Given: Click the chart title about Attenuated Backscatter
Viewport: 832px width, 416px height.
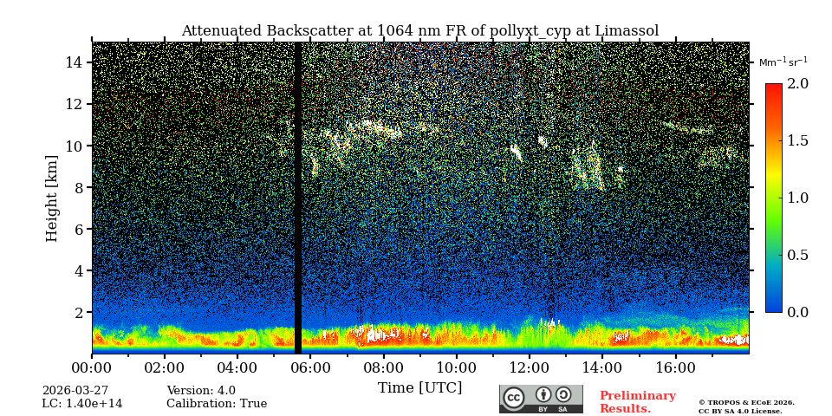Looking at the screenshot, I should tap(419, 31).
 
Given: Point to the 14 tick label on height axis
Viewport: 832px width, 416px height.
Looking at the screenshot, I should tap(73, 62).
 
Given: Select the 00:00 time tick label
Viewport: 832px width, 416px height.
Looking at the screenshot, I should tap(91, 367).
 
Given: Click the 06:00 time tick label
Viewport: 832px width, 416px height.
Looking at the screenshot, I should tap(309, 367).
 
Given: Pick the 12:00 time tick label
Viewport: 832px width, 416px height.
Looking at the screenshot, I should tap(530, 367).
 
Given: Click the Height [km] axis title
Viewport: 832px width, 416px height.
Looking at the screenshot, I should tap(52, 198).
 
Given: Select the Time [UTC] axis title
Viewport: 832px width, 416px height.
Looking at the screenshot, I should tap(419, 387).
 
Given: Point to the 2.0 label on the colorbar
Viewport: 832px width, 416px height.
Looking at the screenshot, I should tap(797, 83).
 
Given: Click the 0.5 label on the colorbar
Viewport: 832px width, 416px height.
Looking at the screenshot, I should tap(797, 255).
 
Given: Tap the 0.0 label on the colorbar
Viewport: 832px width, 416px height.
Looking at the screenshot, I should tap(797, 312).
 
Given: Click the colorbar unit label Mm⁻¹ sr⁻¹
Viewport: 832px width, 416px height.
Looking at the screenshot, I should tap(783, 62).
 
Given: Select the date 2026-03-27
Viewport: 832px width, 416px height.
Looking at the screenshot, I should tap(75, 391).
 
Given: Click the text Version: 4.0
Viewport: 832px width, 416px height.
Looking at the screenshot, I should tap(201, 391).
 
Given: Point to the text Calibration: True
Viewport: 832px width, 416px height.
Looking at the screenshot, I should tap(217, 404).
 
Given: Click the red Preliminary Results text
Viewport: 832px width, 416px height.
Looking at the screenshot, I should tap(637, 402).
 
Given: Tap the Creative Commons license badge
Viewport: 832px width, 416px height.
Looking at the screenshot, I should tap(541, 399).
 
